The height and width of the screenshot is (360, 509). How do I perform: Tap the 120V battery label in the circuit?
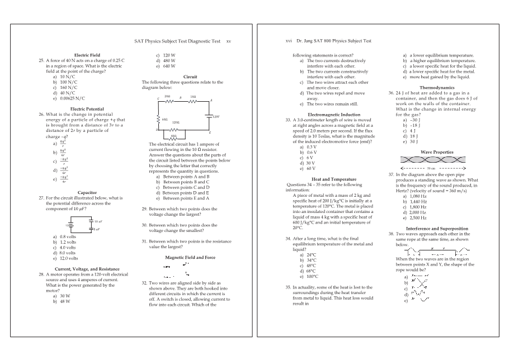point(216,117)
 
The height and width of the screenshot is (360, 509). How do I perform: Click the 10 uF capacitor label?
point(98,222)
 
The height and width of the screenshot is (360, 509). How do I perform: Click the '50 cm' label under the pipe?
point(431,167)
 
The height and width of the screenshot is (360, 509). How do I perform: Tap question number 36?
point(392,93)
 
